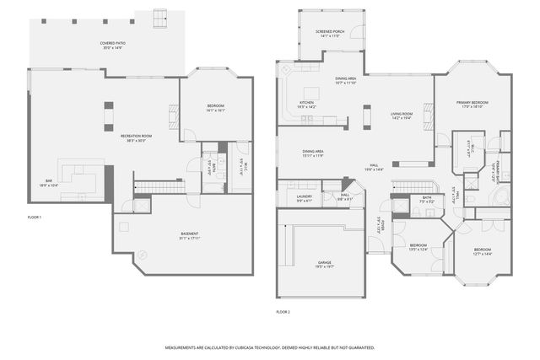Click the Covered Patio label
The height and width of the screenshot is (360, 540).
111,45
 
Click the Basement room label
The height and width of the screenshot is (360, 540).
189,235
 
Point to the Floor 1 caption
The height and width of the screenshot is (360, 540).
35,218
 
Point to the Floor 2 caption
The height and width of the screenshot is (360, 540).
283,312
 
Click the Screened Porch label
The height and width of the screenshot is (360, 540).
328,35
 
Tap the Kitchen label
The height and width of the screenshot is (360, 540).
306,105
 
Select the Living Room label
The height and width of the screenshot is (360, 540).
401,116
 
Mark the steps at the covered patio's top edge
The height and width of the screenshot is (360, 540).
160,17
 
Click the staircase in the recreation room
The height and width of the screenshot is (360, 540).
154,186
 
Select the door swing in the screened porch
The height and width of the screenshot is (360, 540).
358,33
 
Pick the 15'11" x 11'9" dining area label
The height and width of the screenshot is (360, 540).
313,154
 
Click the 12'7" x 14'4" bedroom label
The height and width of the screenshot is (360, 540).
482,251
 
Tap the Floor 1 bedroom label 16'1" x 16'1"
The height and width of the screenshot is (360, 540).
215,108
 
